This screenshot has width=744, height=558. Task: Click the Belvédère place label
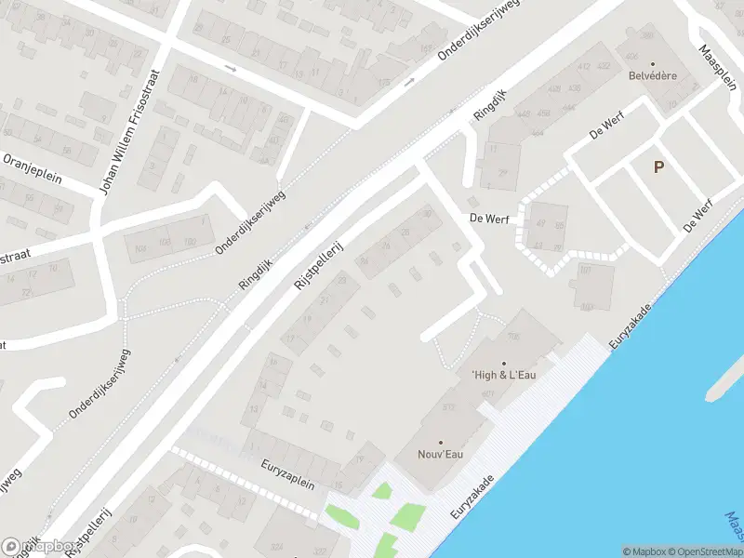click(x=651, y=75)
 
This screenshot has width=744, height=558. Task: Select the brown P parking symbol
click(x=658, y=167)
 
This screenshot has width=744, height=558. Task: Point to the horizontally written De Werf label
click(x=485, y=219)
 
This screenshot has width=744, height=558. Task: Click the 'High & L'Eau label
click(x=504, y=375)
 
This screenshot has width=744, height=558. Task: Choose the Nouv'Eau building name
click(x=441, y=454)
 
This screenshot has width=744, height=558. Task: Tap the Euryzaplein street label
click(x=288, y=473)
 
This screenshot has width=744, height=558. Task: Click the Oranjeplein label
click(x=32, y=168)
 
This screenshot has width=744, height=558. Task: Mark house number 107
click(x=585, y=271)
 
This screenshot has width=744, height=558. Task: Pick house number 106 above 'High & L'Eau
click(x=514, y=336)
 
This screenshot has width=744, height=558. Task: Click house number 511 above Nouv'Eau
click(x=448, y=407)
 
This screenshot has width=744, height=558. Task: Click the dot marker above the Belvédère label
click(x=651, y=63)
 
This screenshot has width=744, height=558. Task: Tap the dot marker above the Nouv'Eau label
click(x=441, y=442)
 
